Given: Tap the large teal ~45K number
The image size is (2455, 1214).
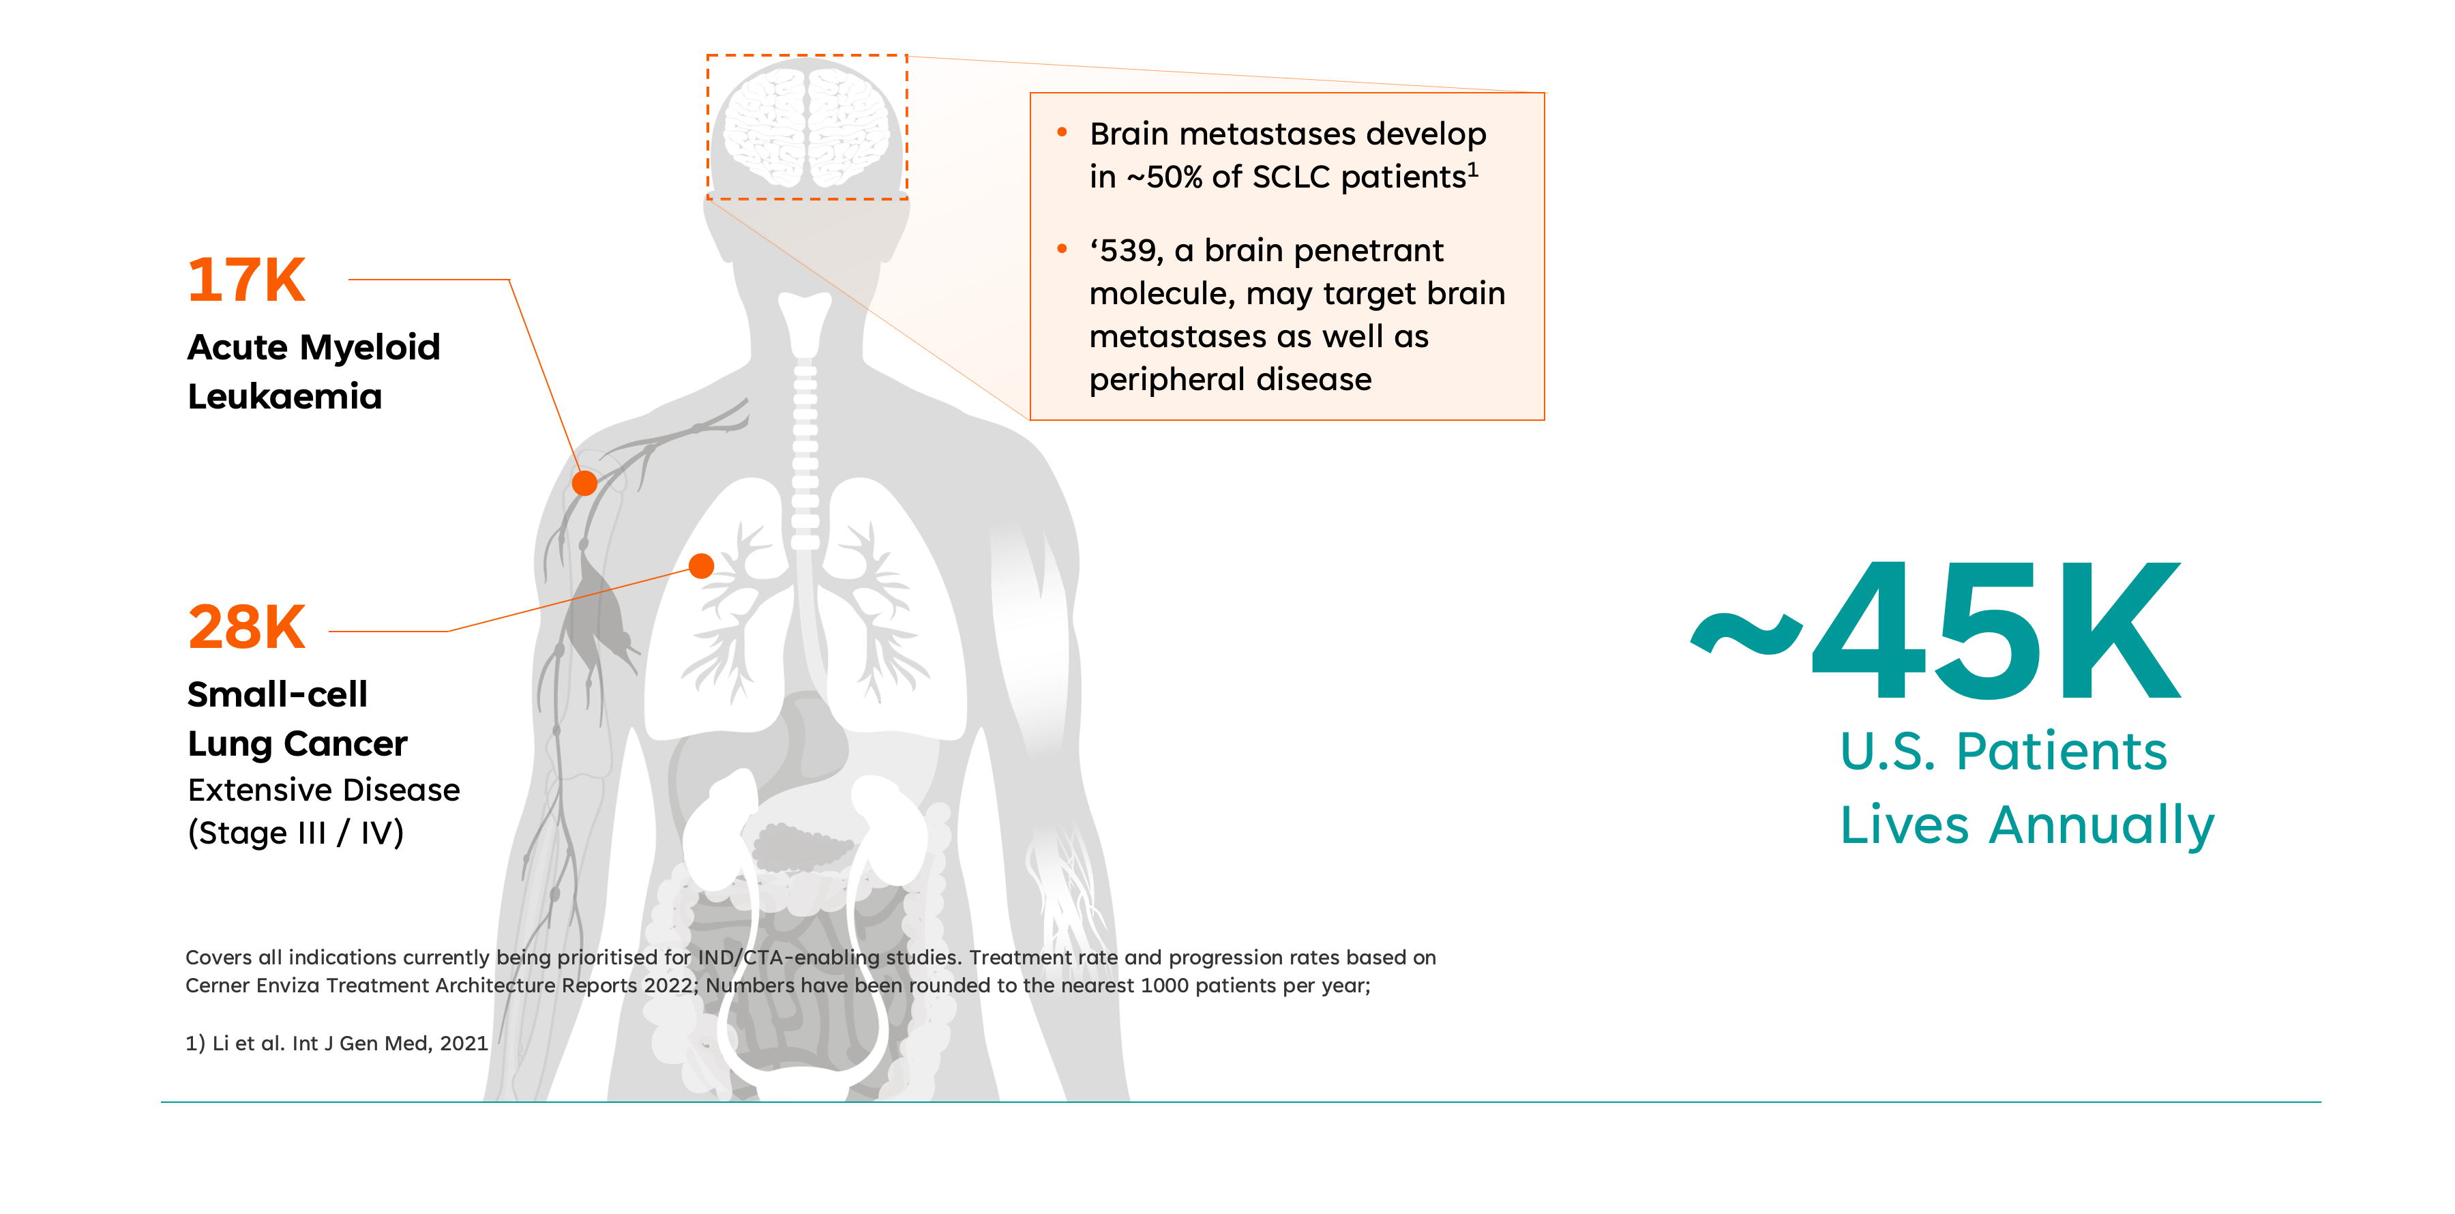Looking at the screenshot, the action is tap(1935, 631).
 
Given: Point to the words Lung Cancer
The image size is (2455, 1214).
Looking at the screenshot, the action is tap(297, 743).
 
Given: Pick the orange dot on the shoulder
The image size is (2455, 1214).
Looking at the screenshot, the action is tap(584, 483).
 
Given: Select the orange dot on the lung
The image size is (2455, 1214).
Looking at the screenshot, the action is tap(702, 566).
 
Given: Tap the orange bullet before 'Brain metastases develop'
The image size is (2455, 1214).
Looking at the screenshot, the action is tap(1062, 132).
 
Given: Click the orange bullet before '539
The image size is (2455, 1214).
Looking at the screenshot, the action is tap(1062, 249).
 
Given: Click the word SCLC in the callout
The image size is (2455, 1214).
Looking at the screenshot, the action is tap(1292, 177).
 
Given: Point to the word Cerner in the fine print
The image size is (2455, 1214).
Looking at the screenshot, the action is tap(216, 986).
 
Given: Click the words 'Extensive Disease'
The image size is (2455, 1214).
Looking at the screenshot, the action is tap(324, 790).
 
